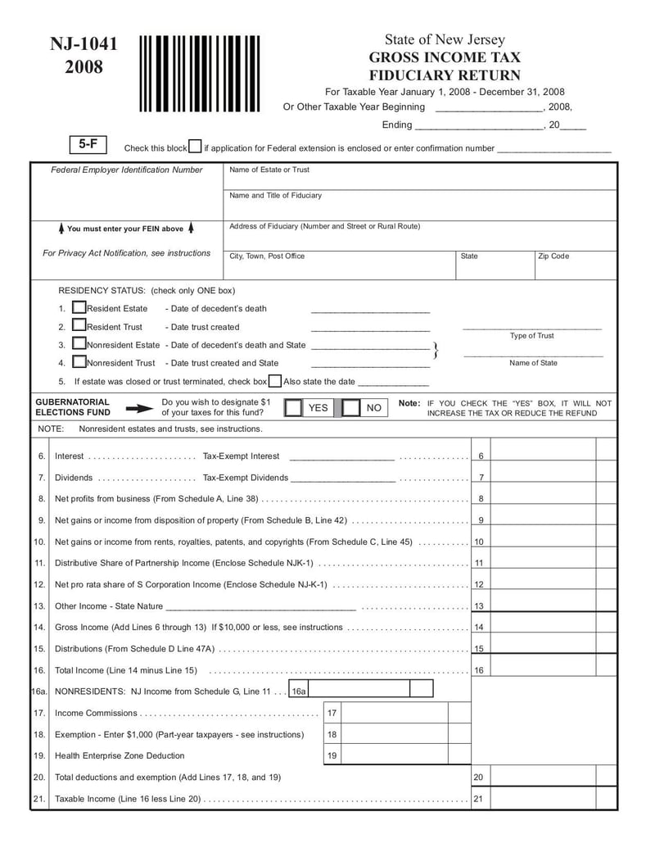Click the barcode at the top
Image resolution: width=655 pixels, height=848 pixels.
199,74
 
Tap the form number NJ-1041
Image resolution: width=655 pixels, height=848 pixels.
84,44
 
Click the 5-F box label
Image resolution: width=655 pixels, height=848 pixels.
88,144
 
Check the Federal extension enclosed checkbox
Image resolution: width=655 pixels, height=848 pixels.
195,147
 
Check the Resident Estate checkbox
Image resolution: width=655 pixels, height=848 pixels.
79,307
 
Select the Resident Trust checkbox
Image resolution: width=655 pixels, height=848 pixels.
79,325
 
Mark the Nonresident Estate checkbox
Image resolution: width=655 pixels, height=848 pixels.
79,343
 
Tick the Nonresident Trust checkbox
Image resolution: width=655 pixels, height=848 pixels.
79,361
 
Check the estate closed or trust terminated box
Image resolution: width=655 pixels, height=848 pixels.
275,381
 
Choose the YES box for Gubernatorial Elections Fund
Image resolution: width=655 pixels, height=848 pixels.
293,407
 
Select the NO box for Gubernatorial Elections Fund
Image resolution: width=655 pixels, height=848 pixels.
351,407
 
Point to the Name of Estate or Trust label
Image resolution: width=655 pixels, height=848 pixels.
269,170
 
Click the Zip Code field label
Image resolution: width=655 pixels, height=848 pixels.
553,256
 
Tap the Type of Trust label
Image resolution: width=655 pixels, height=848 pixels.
532,336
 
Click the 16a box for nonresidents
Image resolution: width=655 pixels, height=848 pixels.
299,692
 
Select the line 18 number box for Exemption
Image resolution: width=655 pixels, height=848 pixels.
332,734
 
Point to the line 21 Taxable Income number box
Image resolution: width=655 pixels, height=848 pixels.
478,799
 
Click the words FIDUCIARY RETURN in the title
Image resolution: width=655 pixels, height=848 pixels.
445,75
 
